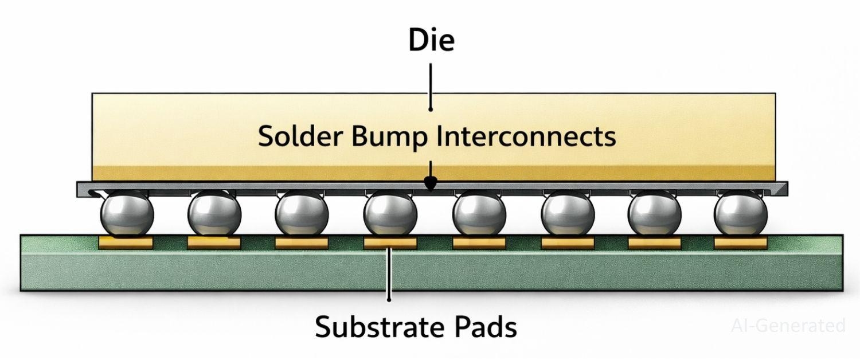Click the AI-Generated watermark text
tap(788, 326)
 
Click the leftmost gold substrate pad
tap(126, 243)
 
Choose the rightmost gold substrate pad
tap(740, 243)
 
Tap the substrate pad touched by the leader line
tap(390, 243)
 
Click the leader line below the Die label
tap(431, 86)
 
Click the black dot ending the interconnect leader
tap(430, 183)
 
